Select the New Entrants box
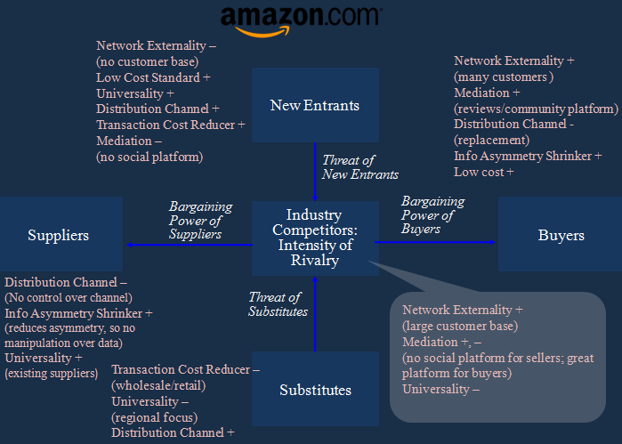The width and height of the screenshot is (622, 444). click(x=314, y=105)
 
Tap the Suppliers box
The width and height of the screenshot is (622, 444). click(x=58, y=235)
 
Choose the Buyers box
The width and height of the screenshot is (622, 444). click(x=561, y=235)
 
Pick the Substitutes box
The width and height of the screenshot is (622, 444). click(x=315, y=389)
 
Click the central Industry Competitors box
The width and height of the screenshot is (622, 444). click(x=314, y=237)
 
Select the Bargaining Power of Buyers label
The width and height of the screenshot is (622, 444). click(x=432, y=214)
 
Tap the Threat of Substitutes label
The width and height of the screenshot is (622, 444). click(x=278, y=304)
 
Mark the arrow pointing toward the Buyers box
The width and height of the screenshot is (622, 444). click(x=436, y=241)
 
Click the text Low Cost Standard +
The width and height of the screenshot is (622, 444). click(x=153, y=77)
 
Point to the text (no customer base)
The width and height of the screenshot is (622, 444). click(x=147, y=61)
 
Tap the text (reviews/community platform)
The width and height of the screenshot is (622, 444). click(x=536, y=109)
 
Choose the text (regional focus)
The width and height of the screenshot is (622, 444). click(x=154, y=416)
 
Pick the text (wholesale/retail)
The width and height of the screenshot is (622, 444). click(x=157, y=384)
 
